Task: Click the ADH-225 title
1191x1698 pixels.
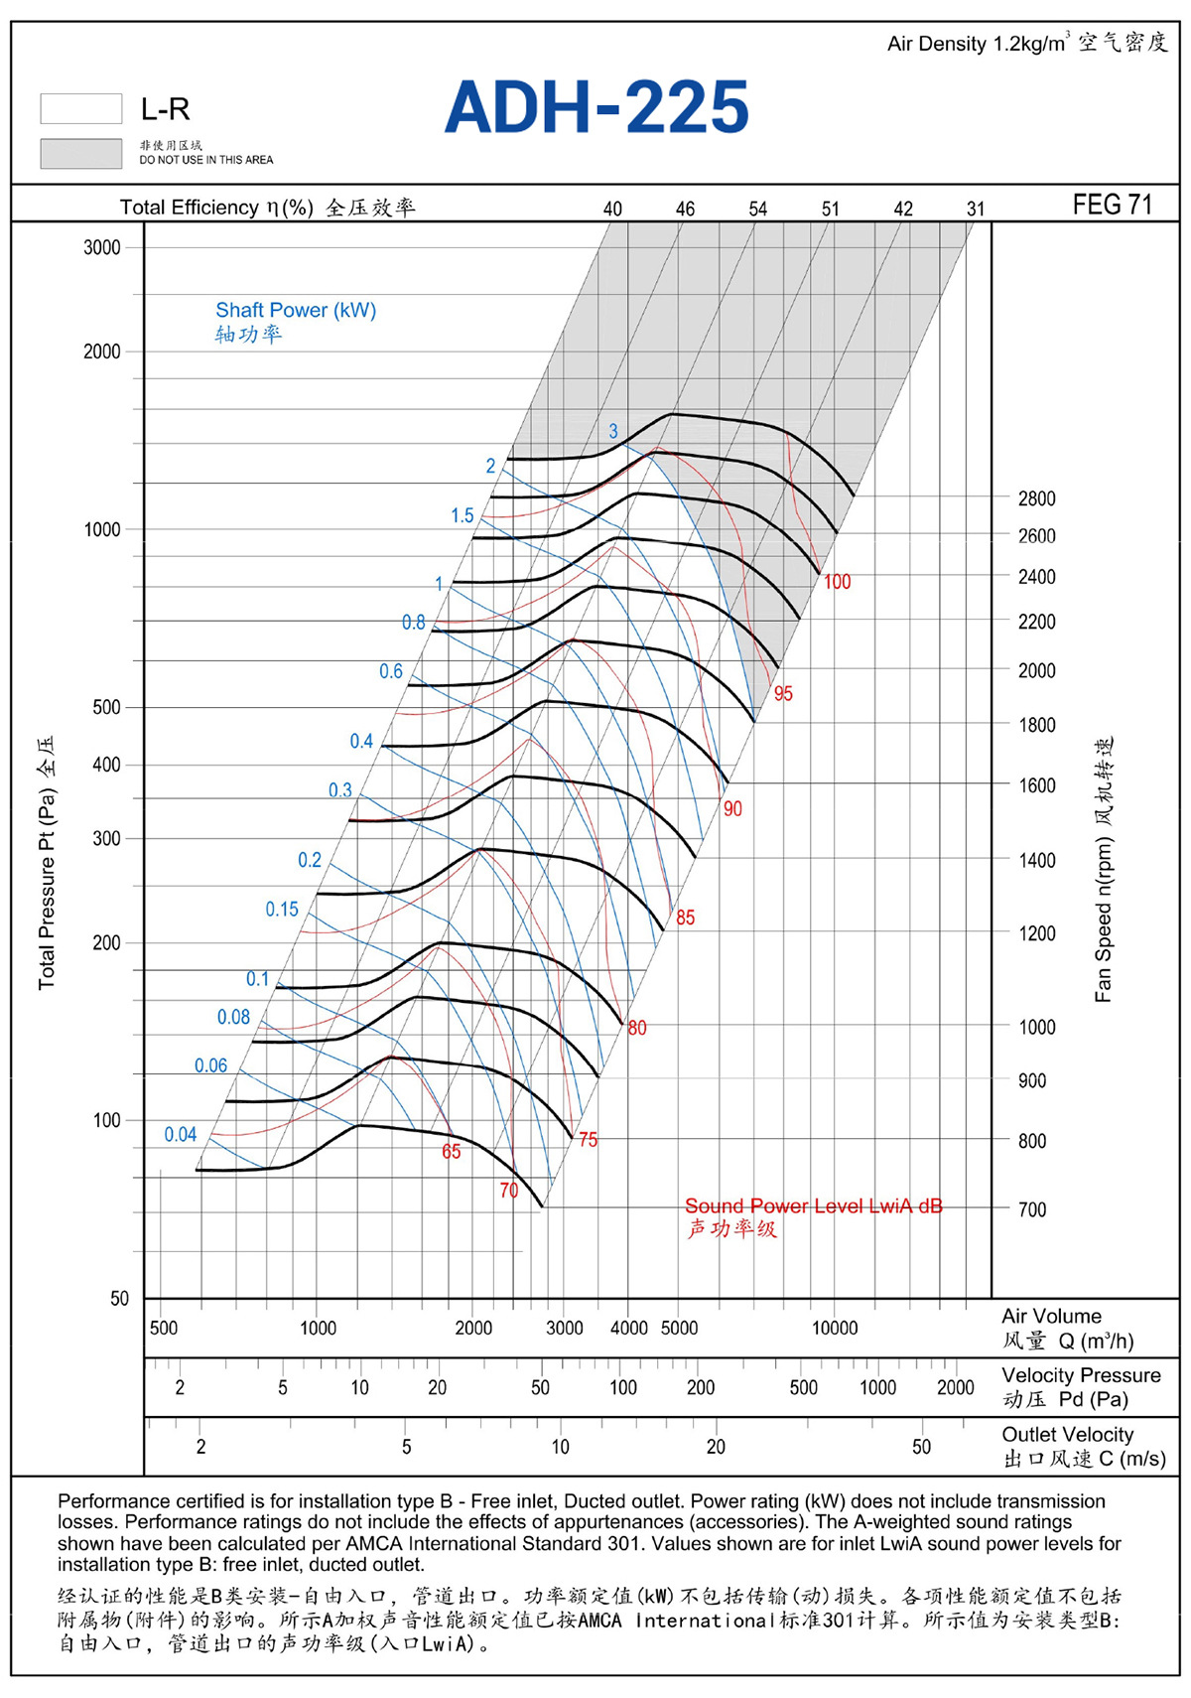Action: pyautogui.click(x=596, y=106)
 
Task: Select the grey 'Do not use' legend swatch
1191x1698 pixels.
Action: pyautogui.click(x=81, y=153)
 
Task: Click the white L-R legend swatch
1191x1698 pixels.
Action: pyautogui.click(x=81, y=108)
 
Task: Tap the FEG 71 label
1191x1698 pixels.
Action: pyautogui.click(x=1112, y=205)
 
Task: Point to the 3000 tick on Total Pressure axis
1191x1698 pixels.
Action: pyautogui.click(x=102, y=247)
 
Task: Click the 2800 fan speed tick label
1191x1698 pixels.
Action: pyautogui.click(x=1036, y=498)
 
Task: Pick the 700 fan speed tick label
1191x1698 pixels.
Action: pyautogui.click(x=1032, y=1208)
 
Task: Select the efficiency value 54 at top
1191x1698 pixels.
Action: pyautogui.click(x=757, y=209)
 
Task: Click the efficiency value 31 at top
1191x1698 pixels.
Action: pyautogui.click(x=976, y=209)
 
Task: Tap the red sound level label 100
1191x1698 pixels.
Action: pyautogui.click(x=838, y=582)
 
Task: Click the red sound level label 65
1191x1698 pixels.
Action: pyautogui.click(x=452, y=1152)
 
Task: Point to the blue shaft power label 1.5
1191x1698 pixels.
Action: pyautogui.click(x=463, y=515)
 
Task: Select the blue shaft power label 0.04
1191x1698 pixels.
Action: pyautogui.click(x=181, y=1134)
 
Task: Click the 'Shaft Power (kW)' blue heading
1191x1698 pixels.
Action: pyautogui.click(x=296, y=309)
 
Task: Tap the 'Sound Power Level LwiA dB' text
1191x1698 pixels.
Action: pyautogui.click(x=814, y=1206)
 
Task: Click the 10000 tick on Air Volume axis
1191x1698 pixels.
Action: pyautogui.click(x=835, y=1328)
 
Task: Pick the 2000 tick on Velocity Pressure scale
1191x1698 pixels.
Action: pyautogui.click(x=956, y=1387)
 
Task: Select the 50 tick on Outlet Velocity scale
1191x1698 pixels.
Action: pyautogui.click(x=921, y=1447)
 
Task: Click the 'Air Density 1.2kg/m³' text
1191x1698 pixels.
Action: pyautogui.click(x=979, y=44)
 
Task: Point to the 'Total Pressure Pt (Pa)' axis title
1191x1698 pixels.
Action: pyautogui.click(x=47, y=889)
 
